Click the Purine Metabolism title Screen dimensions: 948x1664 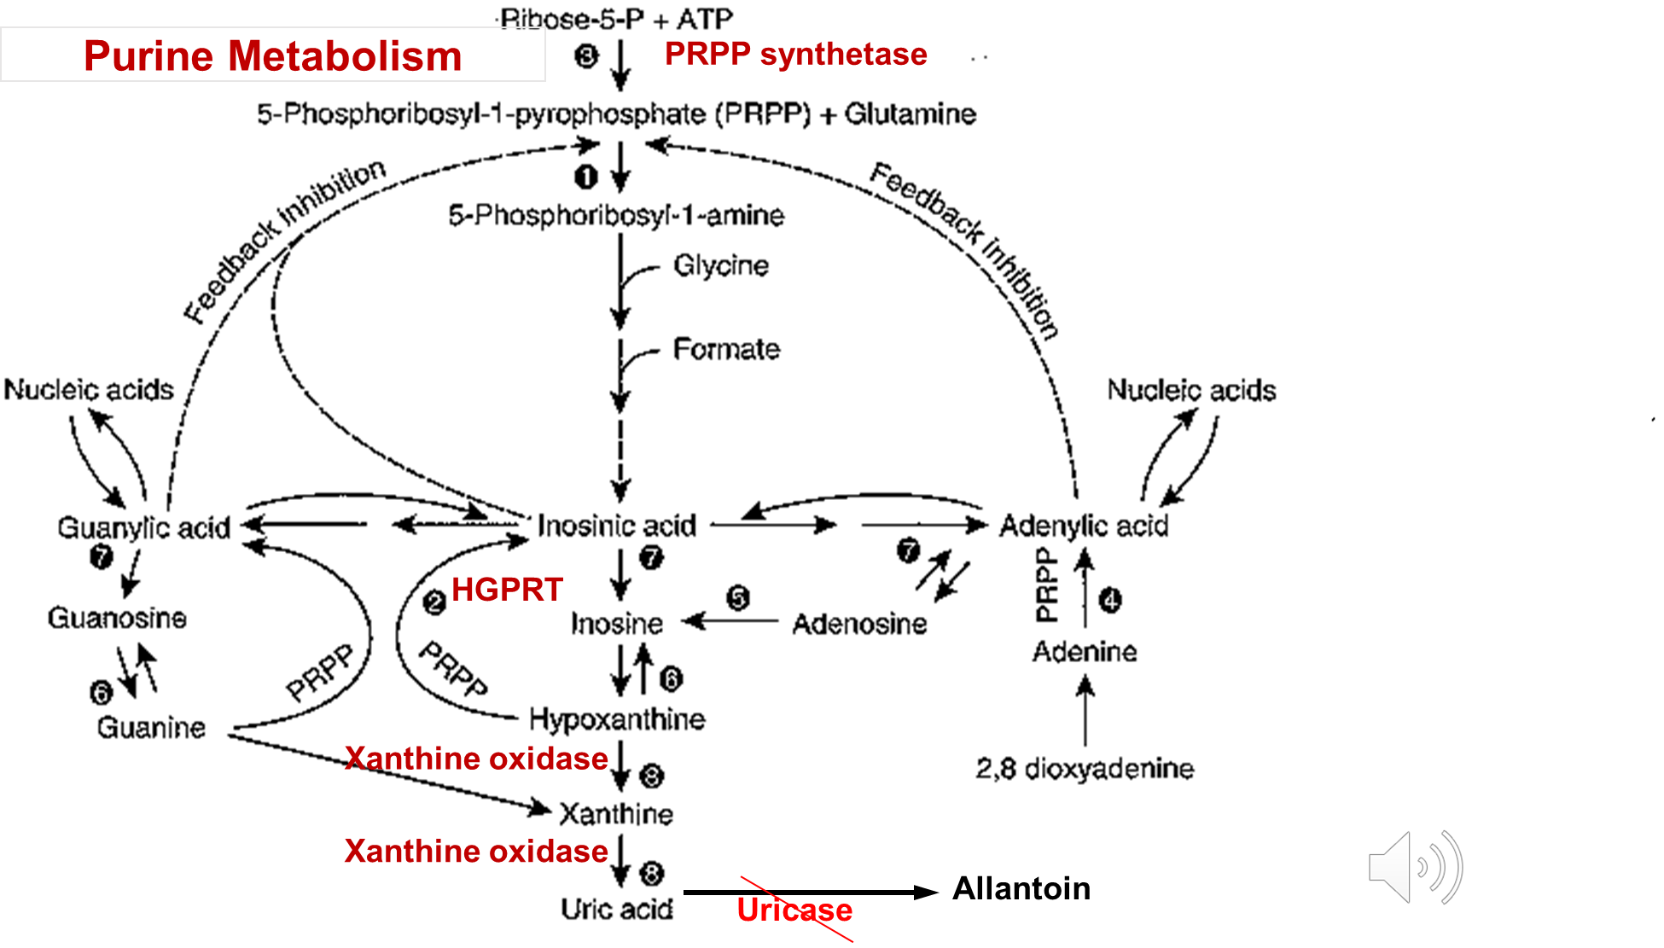click(x=272, y=56)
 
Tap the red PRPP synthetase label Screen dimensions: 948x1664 click(x=795, y=54)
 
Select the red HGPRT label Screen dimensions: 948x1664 click(x=507, y=590)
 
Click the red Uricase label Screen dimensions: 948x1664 click(x=794, y=910)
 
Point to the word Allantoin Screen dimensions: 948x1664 click(x=1021, y=888)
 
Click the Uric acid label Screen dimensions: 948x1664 click(x=617, y=909)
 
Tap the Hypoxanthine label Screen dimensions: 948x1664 click(x=617, y=719)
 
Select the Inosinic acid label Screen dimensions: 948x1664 click(x=617, y=526)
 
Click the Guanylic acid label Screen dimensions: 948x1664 click(x=143, y=527)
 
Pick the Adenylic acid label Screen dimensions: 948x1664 click(x=1084, y=526)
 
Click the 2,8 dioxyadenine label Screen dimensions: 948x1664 click(x=1085, y=769)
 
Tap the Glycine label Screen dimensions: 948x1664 click(x=721, y=265)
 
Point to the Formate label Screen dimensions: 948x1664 click(x=726, y=349)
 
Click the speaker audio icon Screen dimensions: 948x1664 click(x=1415, y=867)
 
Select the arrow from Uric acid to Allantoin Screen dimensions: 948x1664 click(x=811, y=893)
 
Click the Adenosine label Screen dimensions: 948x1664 click(x=859, y=624)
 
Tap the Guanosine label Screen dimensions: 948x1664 click(x=117, y=618)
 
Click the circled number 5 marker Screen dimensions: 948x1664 click(x=738, y=597)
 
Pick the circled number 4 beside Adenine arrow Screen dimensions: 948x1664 click(x=1109, y=601)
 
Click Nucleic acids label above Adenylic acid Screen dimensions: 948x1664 click(x=1191, y=390)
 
